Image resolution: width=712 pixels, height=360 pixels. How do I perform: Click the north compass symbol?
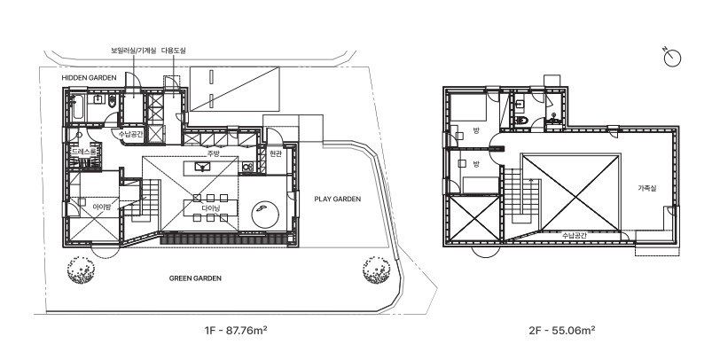[x=671, y=58]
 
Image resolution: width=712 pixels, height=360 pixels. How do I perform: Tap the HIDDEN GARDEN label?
[x=89, y=78]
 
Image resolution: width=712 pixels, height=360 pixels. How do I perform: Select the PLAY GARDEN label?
[x=338, y=199]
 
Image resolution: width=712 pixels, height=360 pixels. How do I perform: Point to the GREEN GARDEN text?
[x=195, y=278]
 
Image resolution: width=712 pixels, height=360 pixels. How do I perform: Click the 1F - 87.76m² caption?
[x=236, y=330]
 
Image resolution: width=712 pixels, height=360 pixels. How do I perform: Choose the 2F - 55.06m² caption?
[x=561, y=330]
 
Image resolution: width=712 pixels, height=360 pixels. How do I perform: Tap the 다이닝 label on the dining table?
[x=211, y=208]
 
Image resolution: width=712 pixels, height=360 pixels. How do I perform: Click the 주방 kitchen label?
[x=213, y=153]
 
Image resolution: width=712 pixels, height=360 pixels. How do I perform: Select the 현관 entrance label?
[x=276, y=154]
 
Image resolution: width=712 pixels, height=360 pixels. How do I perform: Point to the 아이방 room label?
[x=102, y=207]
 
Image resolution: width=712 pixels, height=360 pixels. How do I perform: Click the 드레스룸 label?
[x=84, y=152]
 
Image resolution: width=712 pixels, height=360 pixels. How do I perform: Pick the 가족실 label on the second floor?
[x=647, y=188]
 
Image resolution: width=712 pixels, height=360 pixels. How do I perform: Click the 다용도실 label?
[x=174, y=51]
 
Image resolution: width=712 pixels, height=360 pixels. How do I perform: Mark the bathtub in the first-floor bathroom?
[x=78, y=107]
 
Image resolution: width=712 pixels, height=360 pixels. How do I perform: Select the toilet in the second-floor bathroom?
[x=520, y=121]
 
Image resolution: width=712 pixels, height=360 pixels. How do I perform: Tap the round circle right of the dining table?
[x=266, y=214]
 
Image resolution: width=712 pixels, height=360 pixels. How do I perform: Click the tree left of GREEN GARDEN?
[x=82, y=270]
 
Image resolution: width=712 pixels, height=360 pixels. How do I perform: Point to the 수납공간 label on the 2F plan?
[x=575, y=236]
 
